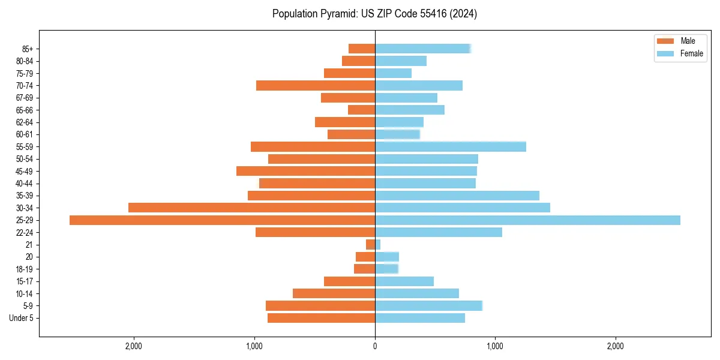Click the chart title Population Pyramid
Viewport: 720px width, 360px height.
tap(374, 14)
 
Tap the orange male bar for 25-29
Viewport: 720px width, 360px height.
tap(222, 220)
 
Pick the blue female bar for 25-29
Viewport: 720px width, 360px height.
tap(527, 220)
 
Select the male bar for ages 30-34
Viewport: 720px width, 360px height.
tap(251, 208)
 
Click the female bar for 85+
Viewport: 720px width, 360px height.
tap(423, 49)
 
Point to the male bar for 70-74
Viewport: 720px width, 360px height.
tap(316, 85)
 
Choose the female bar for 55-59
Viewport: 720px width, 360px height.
tap(451, 146)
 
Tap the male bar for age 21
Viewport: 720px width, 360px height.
tap(370, 245)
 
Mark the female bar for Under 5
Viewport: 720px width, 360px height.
tap(420, 318)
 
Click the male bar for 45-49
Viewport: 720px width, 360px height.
tap(305, 171)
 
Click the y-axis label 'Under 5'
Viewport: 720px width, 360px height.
tap(21, 318)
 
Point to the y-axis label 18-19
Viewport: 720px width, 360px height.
tap(25, 269)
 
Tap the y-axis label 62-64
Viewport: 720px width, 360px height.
tap(25, 122)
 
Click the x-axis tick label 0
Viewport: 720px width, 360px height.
tap(375, 346)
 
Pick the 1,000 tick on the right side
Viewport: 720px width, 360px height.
tap(495, 346)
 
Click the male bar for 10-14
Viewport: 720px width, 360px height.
tap(334, 293)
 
